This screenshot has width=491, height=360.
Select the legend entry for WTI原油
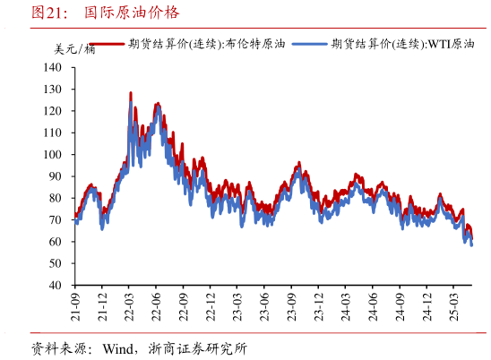pos(403,43)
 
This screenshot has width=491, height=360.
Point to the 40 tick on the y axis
pos(55,285)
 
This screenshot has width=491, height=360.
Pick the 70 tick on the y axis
pos(55,219)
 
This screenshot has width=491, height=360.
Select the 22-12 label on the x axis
pos(210,308)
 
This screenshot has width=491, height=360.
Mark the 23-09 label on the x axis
pos(291,308)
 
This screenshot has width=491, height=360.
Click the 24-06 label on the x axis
pos(372,308)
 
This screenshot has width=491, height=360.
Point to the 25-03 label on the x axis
pos(452,308)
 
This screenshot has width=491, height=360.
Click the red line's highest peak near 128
pos(131,92)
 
